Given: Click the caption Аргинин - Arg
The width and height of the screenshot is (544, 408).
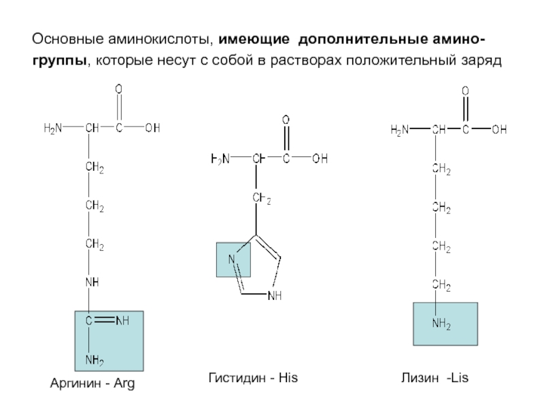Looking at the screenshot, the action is click(x=94, y=384).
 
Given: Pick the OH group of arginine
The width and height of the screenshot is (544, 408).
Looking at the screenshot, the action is click(x=152, y=127).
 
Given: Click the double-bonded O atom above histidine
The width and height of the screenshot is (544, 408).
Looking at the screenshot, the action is click(x=286, y=120).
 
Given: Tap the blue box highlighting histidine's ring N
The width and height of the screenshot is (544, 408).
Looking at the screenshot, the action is click(x=234, y=259).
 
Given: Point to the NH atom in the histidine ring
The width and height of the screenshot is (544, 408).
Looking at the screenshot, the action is click(x=275, y=296).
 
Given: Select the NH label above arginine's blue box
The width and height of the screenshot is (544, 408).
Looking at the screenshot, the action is click(x=93, y=280).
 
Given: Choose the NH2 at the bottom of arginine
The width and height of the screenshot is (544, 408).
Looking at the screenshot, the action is click(x=94, y=359).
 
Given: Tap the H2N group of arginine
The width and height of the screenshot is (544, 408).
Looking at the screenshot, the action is click(x=53, y=127).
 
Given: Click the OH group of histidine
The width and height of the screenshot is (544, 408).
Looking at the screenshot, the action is click(x=320, y=159).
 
